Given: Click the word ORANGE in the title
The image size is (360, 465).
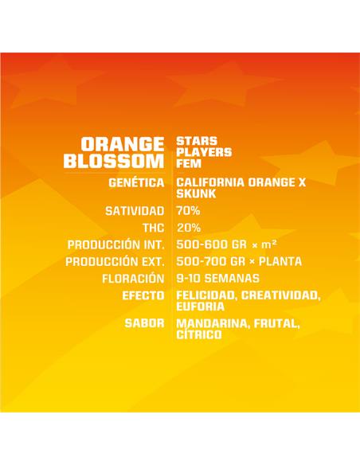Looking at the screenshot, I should pos(122,144).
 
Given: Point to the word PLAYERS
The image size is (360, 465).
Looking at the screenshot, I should pos(205,151).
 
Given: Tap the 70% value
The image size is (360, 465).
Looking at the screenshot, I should pos(188,211).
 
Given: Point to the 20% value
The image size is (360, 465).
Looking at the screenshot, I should pos(188,228).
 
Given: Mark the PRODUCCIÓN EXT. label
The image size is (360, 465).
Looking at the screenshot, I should pos(115,261).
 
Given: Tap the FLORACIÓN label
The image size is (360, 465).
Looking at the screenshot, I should pos(132,279).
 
